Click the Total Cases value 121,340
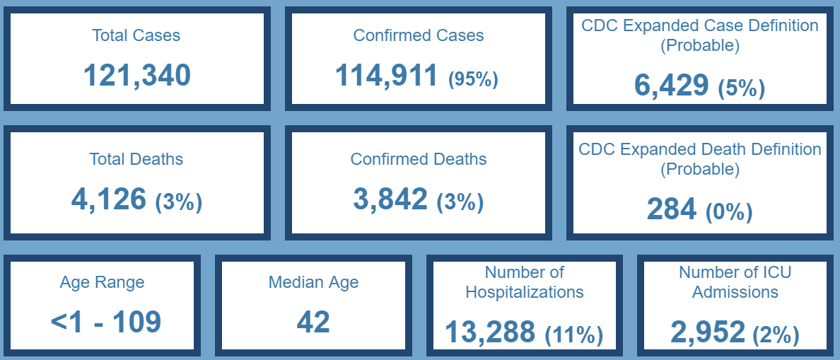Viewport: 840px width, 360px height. (x=136, y=75)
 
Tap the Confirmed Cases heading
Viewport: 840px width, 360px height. (x=419, y=35)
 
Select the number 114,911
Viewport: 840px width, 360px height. (x=386, y=75)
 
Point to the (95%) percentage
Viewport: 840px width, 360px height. (x=473, y=79)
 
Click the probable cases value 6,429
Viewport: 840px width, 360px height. (x=671, y=85)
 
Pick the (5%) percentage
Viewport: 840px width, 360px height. (x=741, y=88)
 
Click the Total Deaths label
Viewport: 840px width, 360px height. (x=136, y=159)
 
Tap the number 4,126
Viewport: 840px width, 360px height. (x=108, y=199)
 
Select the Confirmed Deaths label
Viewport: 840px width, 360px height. (x=419, y=159)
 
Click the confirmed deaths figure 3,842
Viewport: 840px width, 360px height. (x=390, y=199)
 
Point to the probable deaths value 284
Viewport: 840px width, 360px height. (x=671, y=209)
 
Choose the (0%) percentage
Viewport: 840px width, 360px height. (x=728, y=212)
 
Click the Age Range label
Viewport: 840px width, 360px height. (x=102, y=282)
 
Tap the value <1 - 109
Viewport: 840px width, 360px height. (x=106, y=322)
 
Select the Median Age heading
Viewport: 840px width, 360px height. (x=313, y=282)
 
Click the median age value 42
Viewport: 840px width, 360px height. (x=313, y=322)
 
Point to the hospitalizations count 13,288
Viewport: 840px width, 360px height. (x=490, y=332)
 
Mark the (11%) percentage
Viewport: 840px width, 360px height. (x=573, y=335)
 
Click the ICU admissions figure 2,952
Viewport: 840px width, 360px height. (x=707, y=332)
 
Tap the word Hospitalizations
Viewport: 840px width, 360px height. (x=525, y=291)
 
